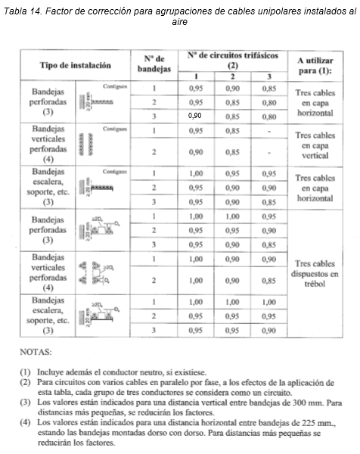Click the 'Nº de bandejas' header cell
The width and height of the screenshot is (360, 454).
pos(154,64)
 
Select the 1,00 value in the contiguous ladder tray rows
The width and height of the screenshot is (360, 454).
pos(196,173)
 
